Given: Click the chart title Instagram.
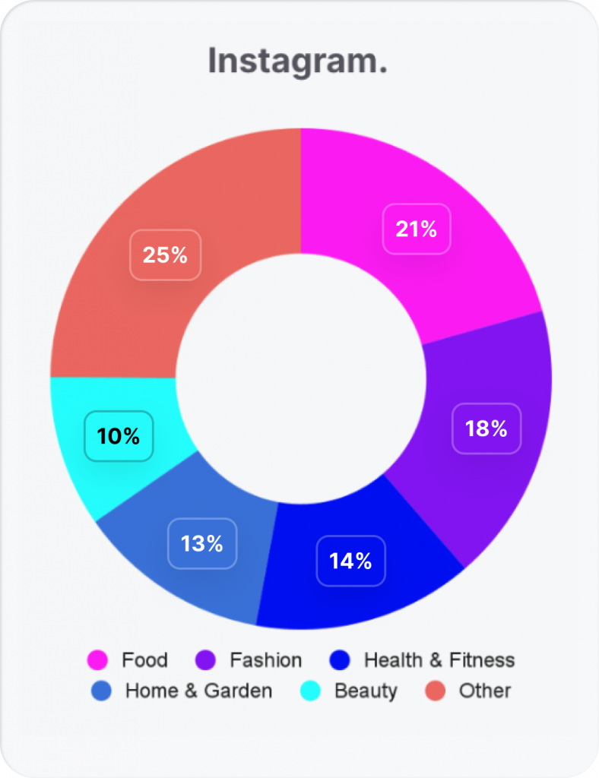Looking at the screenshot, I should [298, 62].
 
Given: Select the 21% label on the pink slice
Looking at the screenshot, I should [417, 229].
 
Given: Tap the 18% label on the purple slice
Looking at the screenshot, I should [486, 429].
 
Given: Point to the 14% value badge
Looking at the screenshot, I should [350, 561].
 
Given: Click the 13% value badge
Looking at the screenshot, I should [202, 543].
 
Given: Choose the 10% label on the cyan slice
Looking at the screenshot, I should [119, 436].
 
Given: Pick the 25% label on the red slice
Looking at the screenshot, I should [165, 255].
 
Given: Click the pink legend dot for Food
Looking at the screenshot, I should [98, 660].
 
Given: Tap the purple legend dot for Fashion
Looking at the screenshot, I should [206, 660].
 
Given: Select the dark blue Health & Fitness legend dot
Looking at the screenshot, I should [341, 660].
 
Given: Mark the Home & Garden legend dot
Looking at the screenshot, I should [101, 691].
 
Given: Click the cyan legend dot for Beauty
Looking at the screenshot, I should [311, 691].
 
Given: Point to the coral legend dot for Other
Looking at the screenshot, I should [436, 691].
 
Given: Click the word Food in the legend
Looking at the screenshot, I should [144, 660].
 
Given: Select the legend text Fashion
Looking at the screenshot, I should [265, 660].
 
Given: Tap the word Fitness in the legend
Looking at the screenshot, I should [482, 660].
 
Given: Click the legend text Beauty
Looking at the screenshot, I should [366, 691].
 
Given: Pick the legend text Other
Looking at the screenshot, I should [484, 691].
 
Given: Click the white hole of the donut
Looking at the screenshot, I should [300, 378].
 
